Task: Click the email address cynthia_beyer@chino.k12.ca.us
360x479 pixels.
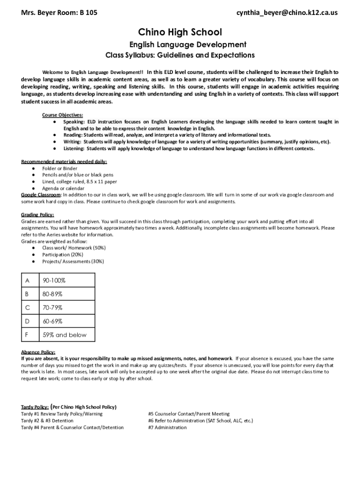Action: coord(287,13)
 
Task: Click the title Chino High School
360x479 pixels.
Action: coord(180,32)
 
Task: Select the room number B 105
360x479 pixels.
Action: coord(89,13)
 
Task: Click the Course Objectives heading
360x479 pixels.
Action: coord(63,115)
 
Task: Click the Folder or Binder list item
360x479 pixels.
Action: coord(60,168)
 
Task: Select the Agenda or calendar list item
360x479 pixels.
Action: coord(63,188)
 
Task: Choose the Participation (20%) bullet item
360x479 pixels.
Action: coord(63,254)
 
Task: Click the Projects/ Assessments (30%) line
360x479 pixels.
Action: coord(73,261)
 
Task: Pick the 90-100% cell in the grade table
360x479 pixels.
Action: coord(54,281)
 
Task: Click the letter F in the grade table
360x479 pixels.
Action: coord(28,335)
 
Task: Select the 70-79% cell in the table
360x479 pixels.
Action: coord(53,308)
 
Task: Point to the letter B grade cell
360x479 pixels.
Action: coord(28,294)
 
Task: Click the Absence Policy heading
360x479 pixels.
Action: coord(38,352)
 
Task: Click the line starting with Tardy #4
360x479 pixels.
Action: coord(72,428)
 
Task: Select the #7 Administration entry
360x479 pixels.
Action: coord(167,428)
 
